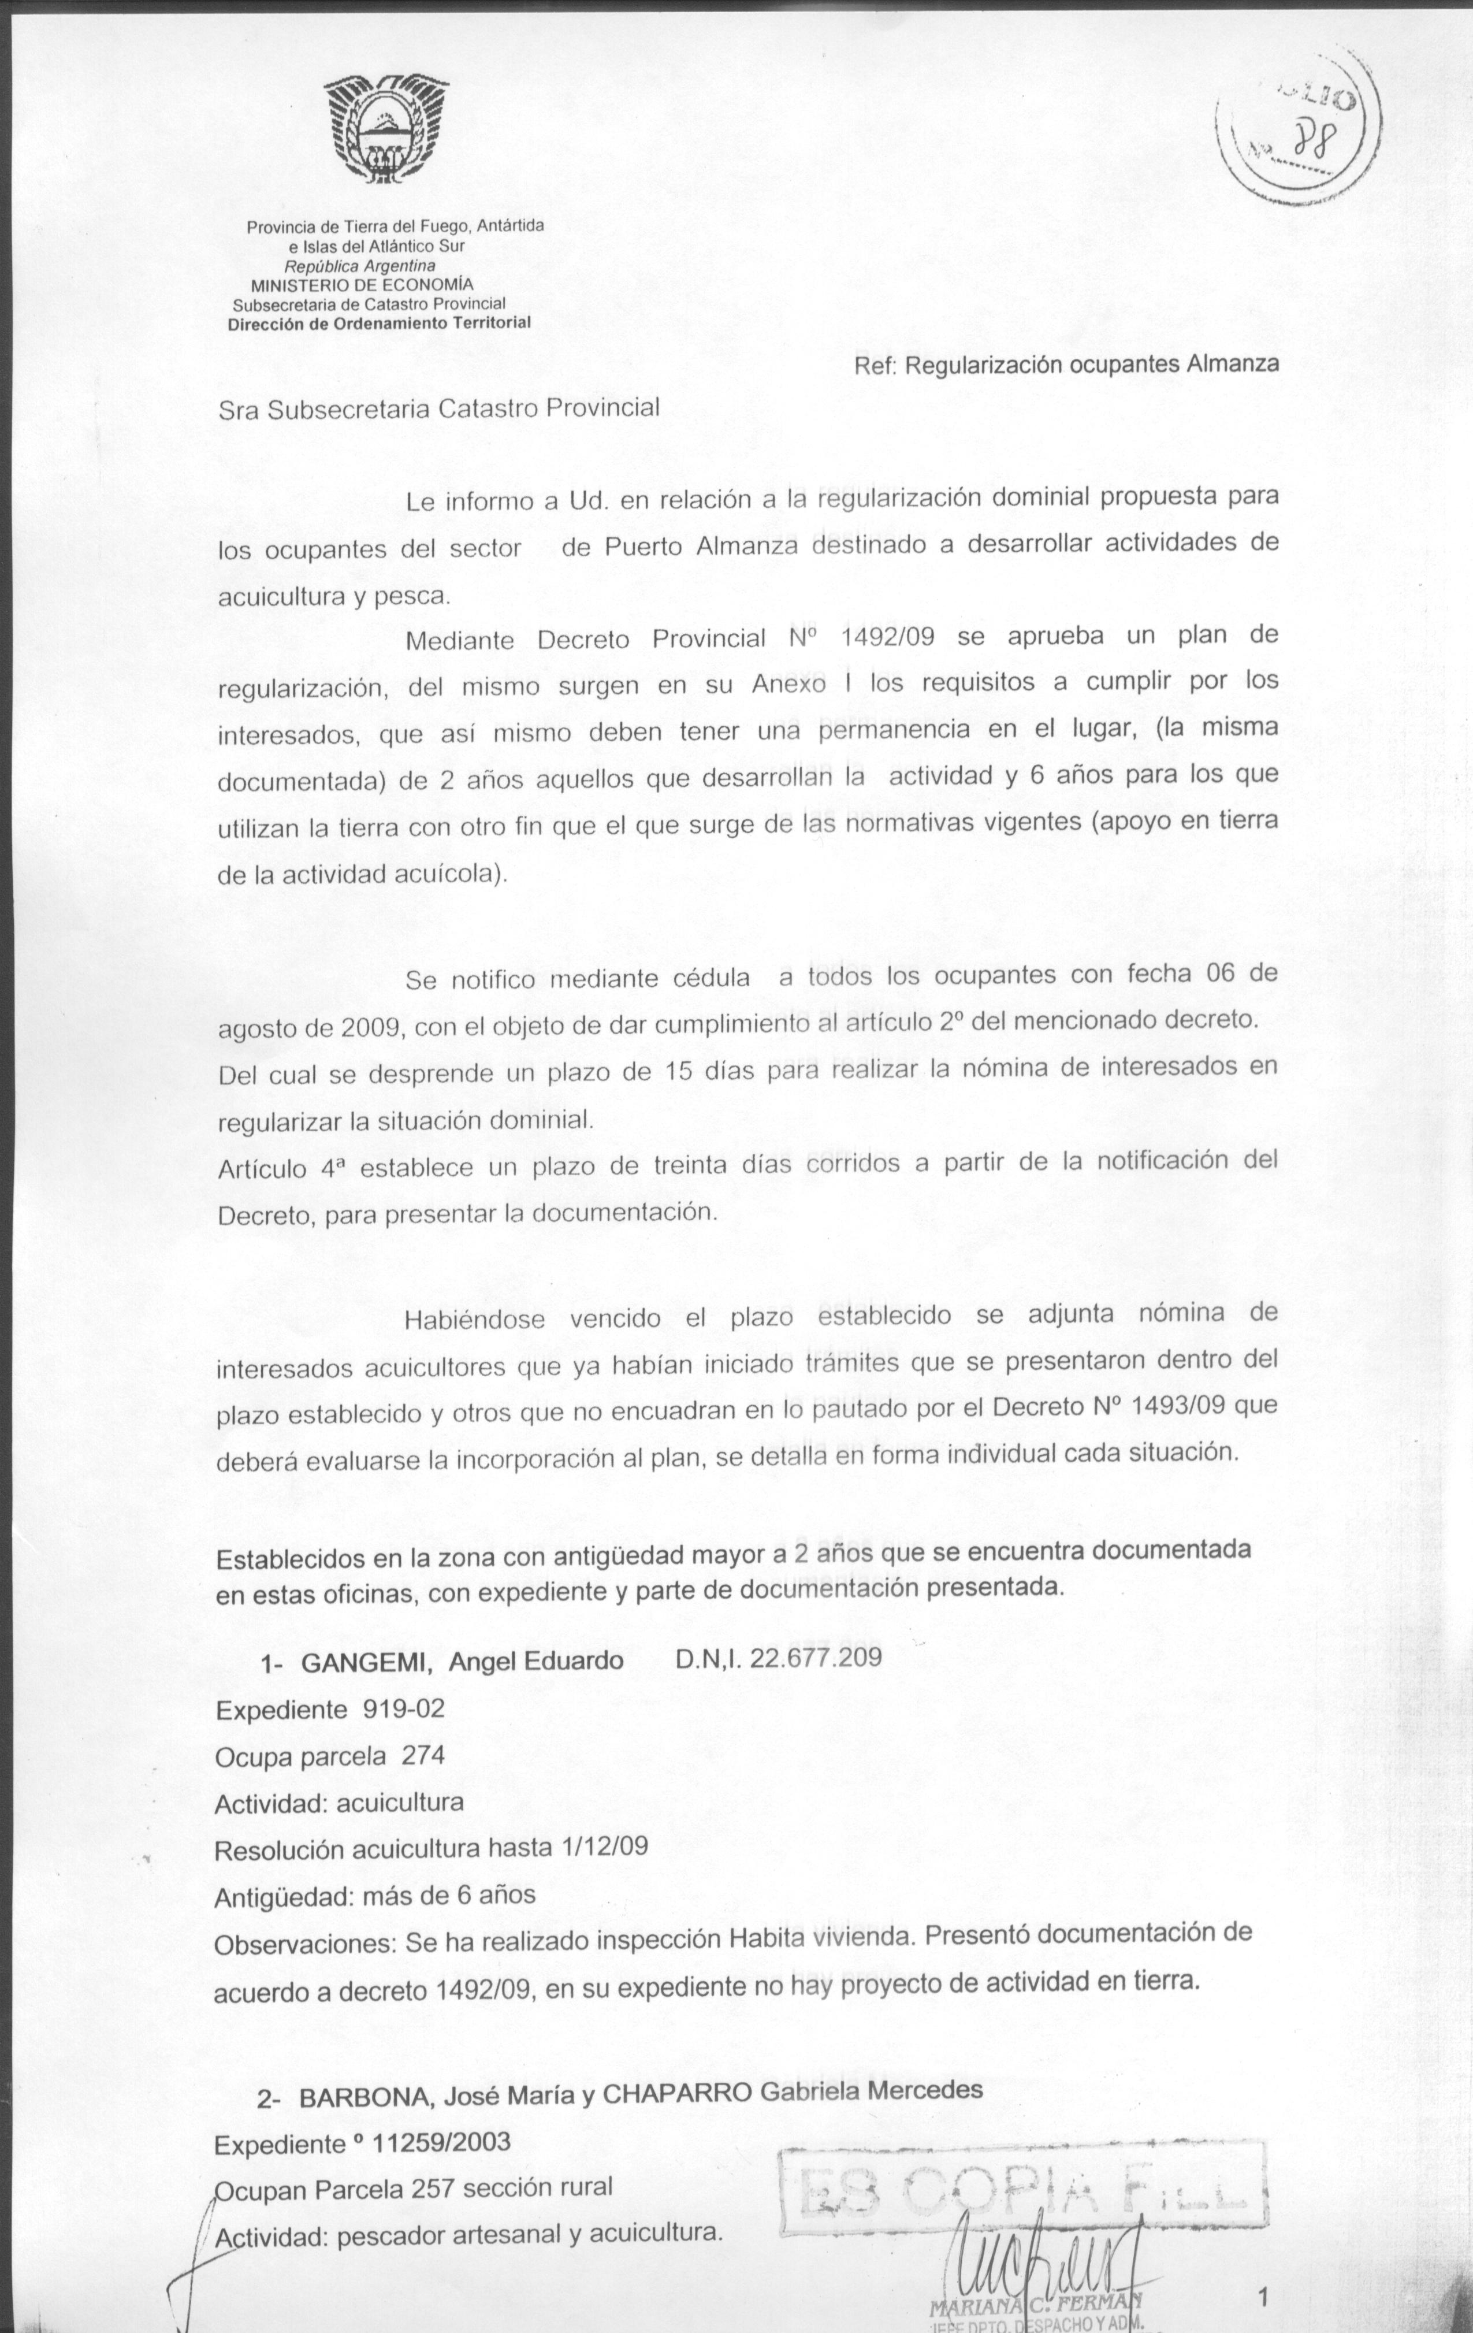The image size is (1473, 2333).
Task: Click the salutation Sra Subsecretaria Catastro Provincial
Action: [438, 408]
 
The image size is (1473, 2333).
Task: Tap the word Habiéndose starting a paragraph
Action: [474, 1320]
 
